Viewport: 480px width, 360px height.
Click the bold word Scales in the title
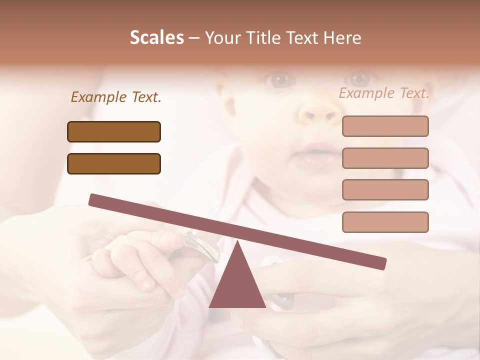pos(156,38)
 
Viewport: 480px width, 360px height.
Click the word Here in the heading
pos(342,38)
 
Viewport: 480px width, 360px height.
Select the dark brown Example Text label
pos(116,97)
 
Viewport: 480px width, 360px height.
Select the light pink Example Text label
pos(384,93)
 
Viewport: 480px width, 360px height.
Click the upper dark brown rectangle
pos(114,131)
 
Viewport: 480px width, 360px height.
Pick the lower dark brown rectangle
pos(114,163)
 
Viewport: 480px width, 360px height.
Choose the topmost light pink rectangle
pos(385,126)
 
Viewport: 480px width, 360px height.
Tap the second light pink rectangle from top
pos(385,158)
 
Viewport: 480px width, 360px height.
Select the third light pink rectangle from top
pos(385,189)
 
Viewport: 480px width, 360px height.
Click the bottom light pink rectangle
pos(385,222)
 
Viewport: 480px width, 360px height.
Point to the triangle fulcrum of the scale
pos(237,282)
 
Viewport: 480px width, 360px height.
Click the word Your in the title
pos(222,38)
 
